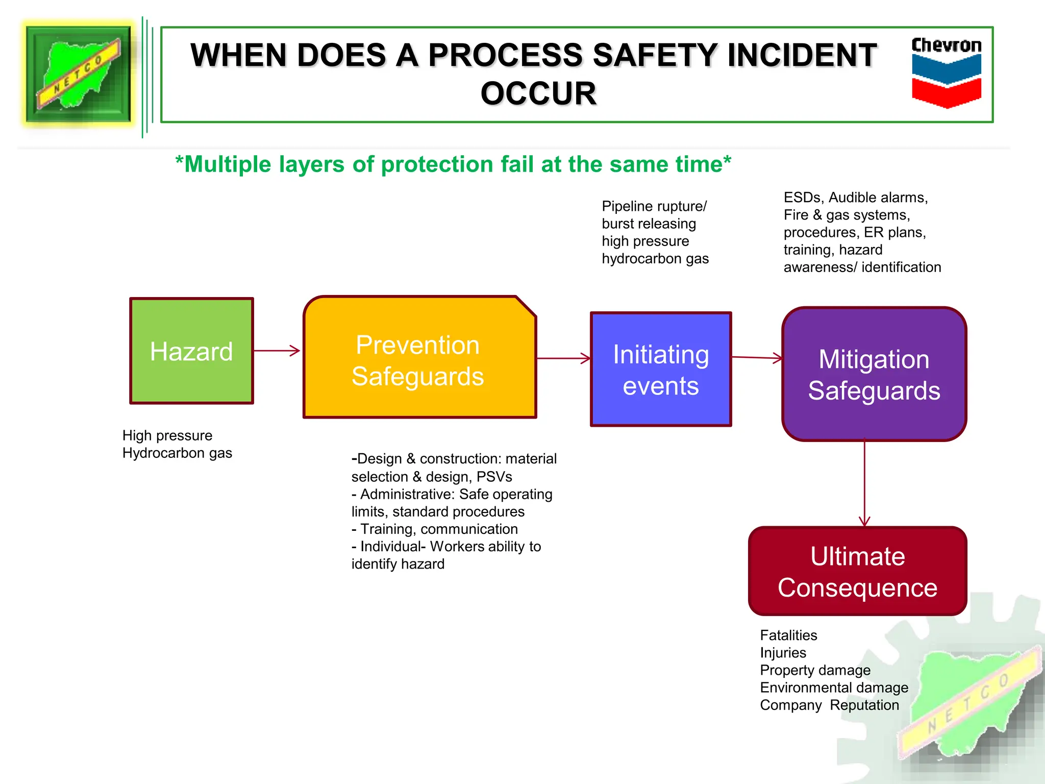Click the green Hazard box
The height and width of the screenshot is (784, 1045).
pyautogui.click(x=191, y=351)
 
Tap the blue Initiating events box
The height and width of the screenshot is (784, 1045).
pyautogui.click(x=661, y=370)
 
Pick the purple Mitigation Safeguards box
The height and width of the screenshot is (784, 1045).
pyautogui.click(x=874, y=374)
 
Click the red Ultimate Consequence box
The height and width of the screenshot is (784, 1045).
pyautogui.click(x=857, y=571)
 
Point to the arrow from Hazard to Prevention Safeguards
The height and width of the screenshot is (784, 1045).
pyautogui.click(x=277, y=351)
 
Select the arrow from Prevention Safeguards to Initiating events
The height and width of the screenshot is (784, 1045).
pyautogui.click(x=563, y=358)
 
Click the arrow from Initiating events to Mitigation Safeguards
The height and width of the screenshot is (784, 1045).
pyautogui.click(x=757, y=358)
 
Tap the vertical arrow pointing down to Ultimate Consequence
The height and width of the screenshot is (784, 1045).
pyautogui.click(x=864, y=482)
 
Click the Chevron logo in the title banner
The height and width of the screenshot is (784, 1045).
pyautogui.click(x=947, y=72)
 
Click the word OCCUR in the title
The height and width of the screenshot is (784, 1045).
pyautogui.click(x=538, y=94)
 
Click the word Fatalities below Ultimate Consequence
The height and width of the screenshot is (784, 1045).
pyautogui.click(x=788, y=635)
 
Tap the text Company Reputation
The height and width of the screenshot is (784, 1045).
pyautogui.click(x=829, y=705)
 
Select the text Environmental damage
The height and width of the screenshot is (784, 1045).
pyautogui.click(x=834, y=688)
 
